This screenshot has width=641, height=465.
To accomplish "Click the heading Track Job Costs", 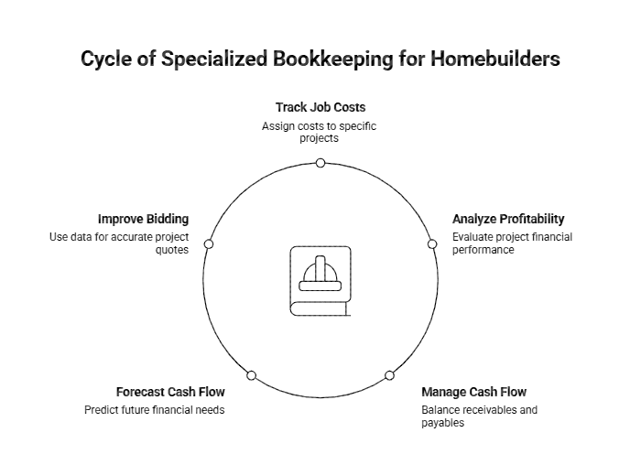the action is [320, 107].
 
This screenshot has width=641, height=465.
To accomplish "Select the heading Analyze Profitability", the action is [508, 220].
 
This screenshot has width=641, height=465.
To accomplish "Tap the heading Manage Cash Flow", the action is [473, 393].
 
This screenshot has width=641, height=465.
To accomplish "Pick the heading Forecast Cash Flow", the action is [170, 392].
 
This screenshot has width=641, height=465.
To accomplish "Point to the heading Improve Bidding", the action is [143, 220].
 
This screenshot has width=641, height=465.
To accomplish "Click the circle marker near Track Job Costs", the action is [320, 163].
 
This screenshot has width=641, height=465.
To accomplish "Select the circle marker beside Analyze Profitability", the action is [432, 244].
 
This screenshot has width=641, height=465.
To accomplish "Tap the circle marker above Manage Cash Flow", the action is [389, 375].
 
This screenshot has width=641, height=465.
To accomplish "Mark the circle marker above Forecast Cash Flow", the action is [251, 375].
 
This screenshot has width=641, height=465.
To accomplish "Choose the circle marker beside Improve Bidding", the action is [209, 244].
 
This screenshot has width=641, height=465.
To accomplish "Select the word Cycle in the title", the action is [106, 59].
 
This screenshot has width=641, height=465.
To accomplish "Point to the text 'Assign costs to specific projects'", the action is [319, 132].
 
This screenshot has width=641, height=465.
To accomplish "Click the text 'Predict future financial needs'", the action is [154, 410].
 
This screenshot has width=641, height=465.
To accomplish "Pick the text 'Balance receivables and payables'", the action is [479, 416].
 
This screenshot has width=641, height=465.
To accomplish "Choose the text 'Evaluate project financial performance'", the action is [512, 243].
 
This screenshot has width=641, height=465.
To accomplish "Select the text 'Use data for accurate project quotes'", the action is [119, 243].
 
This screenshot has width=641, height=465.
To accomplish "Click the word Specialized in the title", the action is [213, 59].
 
